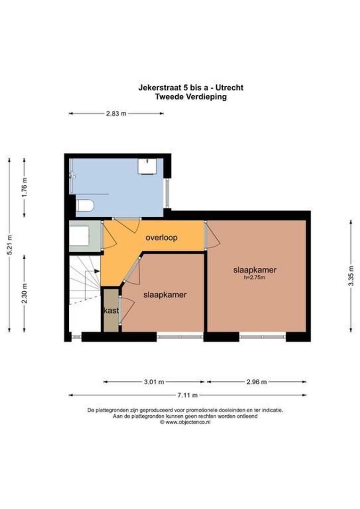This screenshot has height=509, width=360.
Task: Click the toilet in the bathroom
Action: pos(85,205)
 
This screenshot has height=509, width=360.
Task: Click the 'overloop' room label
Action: pos(162,238)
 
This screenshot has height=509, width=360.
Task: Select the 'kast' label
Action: pos(111,311)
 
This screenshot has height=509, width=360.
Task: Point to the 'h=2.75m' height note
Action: pos(254,278)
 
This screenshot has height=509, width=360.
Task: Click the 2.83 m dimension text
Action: pos(116,114)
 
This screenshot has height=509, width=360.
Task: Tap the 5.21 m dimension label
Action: pos(10,245)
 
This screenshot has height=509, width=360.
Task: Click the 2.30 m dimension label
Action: pos(25,293)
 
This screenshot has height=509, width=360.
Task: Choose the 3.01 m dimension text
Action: pos(154,382)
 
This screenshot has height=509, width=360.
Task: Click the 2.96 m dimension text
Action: pos(257,382)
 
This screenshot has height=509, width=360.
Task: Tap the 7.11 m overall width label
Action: pos(187,395)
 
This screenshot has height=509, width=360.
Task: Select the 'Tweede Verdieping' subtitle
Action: pos(190,97)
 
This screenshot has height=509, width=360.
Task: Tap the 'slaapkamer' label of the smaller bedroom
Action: pos(164,295)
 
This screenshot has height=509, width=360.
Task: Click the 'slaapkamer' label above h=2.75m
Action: pos(254,270)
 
